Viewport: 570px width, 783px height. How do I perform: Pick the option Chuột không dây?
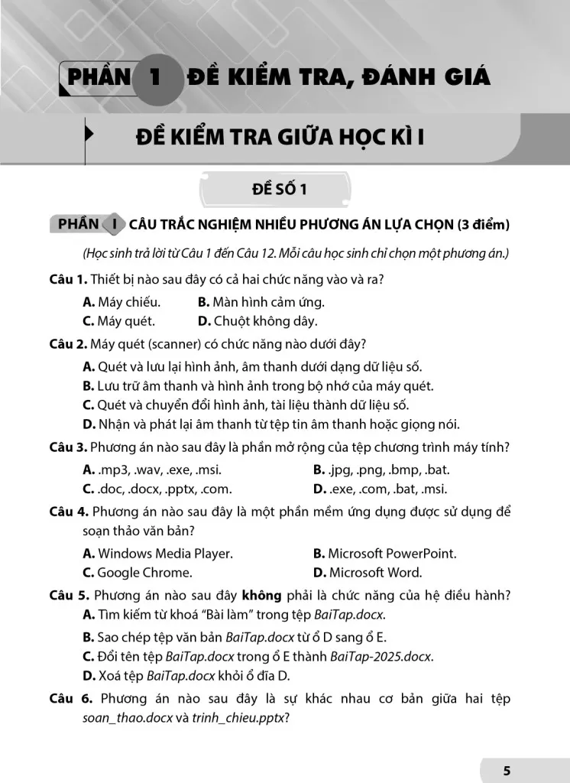point(257,321)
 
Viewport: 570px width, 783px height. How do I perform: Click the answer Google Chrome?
point(138,572)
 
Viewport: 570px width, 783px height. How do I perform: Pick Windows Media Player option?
point(157,553)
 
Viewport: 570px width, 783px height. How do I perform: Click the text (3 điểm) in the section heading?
point(482,225)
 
